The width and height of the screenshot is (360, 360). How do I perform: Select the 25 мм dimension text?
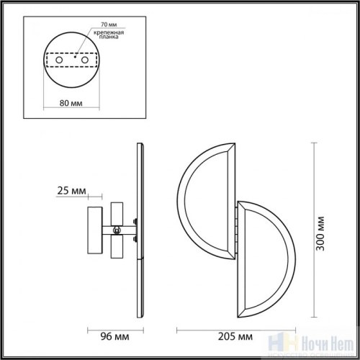(x=71, y=192)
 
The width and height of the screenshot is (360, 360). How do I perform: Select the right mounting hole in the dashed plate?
(x=86, y=60)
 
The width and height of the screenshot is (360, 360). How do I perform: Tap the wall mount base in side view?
(x=92, y=230)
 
